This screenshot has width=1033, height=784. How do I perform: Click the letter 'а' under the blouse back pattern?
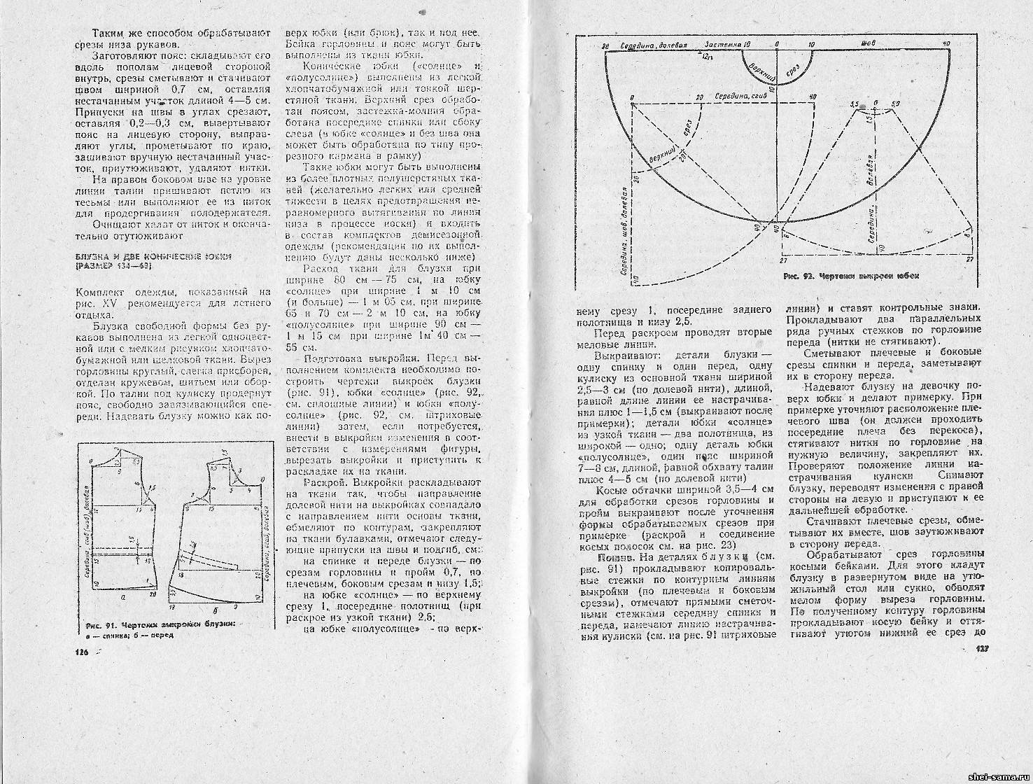(124, 598)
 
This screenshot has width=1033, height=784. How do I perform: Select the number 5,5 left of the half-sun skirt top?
(853, 104)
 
